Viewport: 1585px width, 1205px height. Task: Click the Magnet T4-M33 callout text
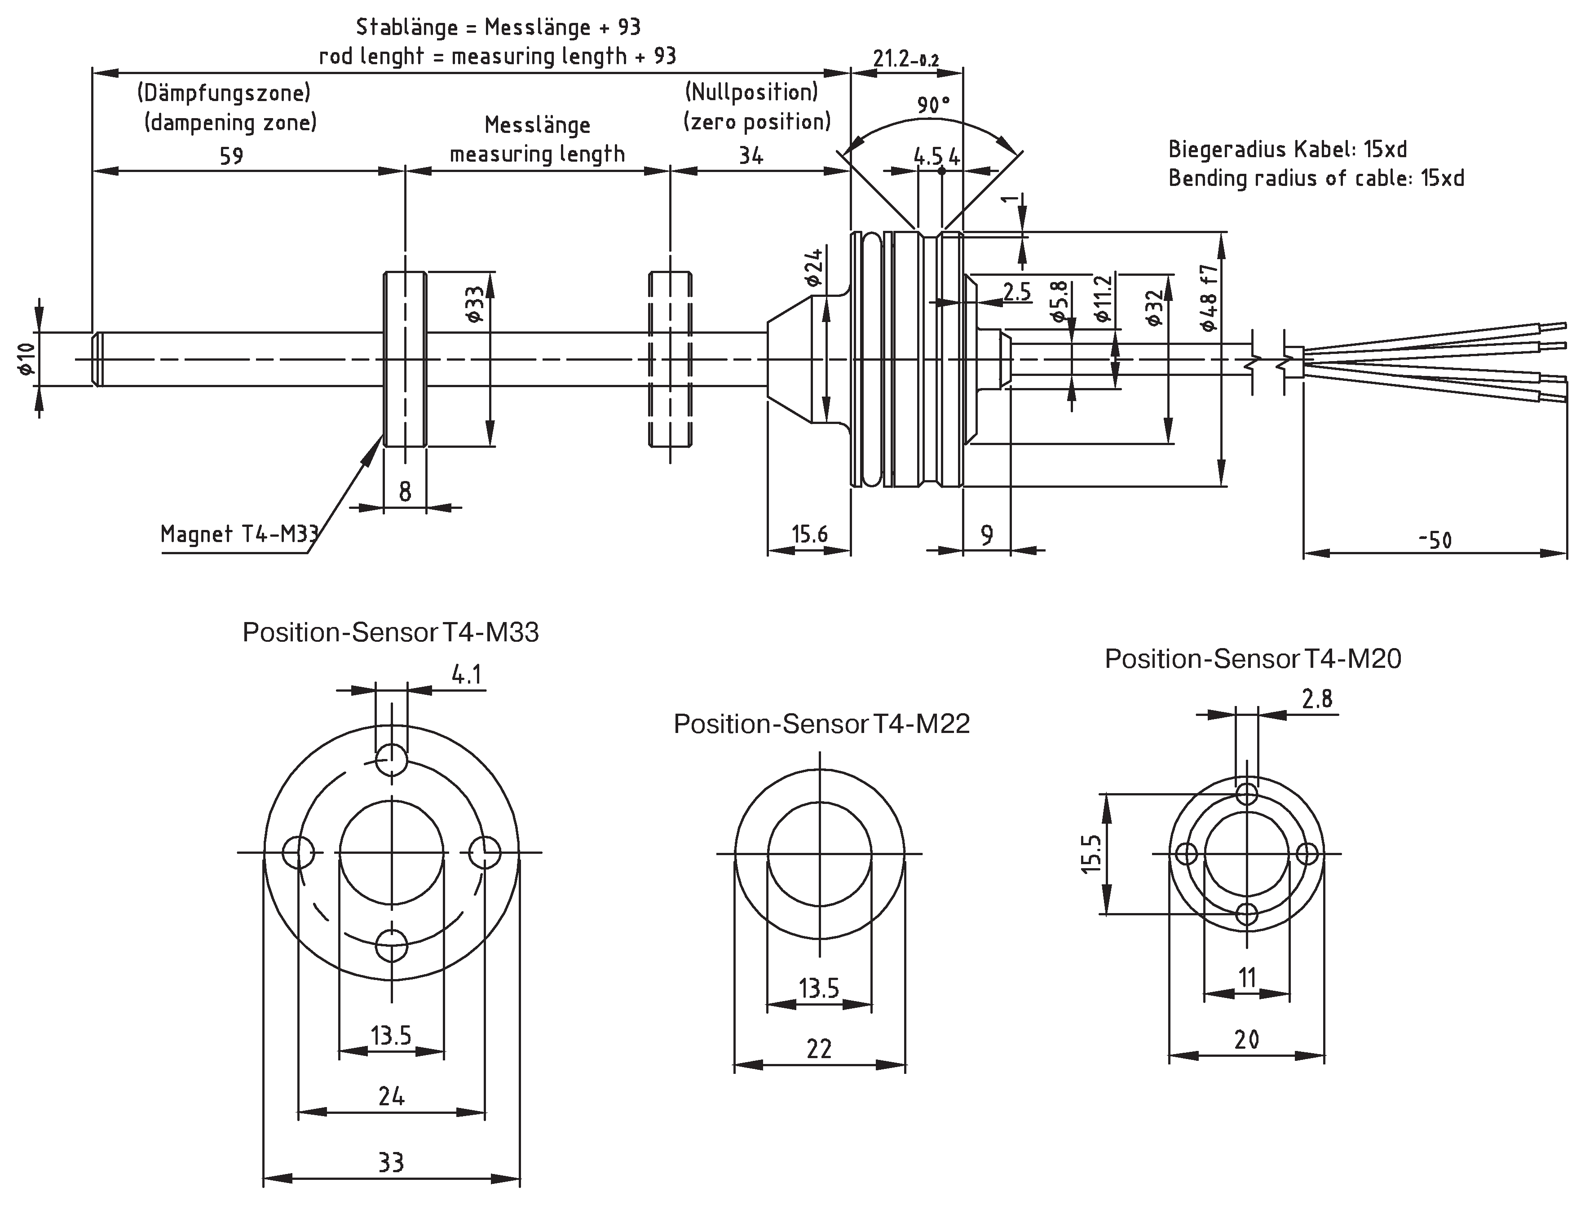pyautogui.click(x=239, y=534)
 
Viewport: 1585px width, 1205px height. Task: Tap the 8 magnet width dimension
pyautogui.click(x=405, y=491)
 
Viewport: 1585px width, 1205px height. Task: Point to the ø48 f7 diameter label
pyautogui.click(x=1209, y=298)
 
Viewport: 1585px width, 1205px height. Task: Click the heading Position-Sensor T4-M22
pyautogui.click(x=821, y=724)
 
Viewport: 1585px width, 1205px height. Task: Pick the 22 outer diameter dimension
pyautogui.click(x=819, y=1049)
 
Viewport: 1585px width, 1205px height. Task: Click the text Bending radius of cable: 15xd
pyautogui.click(x=1316, y=178)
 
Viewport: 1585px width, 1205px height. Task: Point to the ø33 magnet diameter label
pyautogui.click(x=475, y=305)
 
